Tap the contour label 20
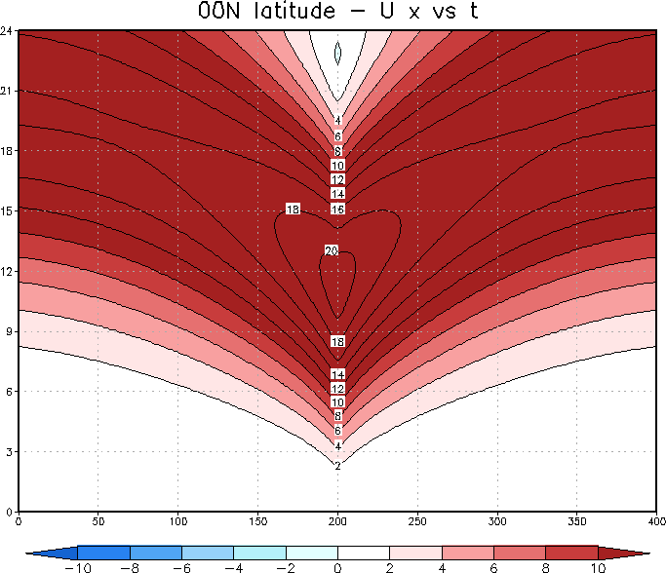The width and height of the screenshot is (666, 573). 332,250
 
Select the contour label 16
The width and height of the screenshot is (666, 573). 338,210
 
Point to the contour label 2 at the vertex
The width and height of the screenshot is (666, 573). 337,466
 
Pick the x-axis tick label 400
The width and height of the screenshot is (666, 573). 655,522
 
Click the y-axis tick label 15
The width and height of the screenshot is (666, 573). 9,210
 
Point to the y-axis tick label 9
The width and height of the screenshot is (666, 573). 11,330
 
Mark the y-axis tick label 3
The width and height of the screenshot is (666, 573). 11,451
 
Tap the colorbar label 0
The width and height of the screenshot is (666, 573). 337,566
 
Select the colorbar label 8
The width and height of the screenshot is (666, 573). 545,566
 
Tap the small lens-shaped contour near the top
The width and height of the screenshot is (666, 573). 337,54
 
